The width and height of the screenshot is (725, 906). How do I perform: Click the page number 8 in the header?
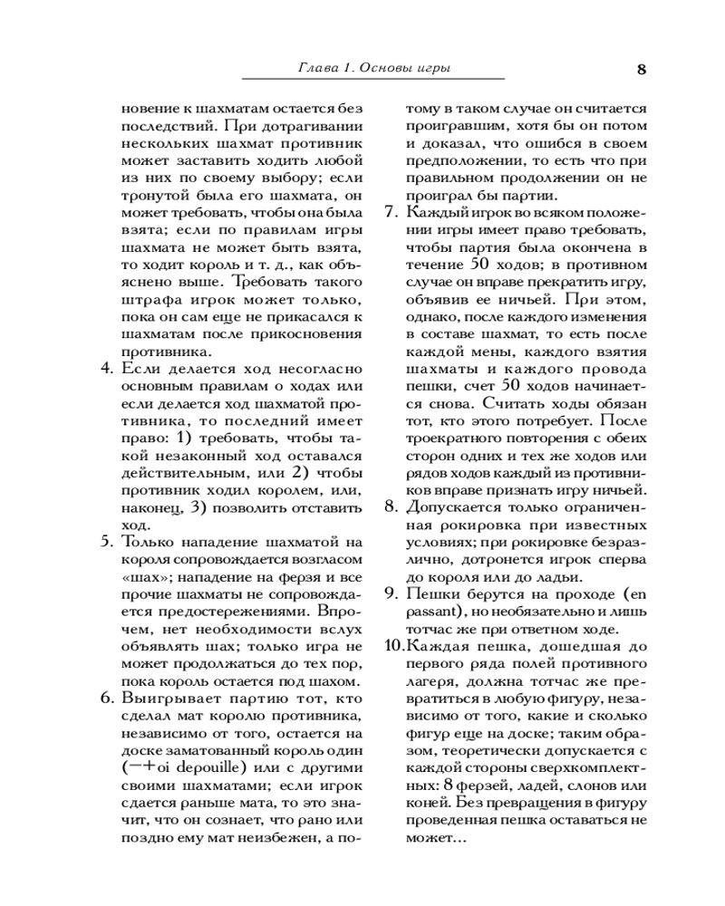[642, 69]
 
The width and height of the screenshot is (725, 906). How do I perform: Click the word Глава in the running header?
[316, 69]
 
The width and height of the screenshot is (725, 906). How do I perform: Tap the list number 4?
[104, 369]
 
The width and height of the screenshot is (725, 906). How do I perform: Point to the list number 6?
[104, 699]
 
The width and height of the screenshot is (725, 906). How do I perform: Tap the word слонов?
[585, 786]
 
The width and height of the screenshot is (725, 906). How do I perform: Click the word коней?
[425, 803]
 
